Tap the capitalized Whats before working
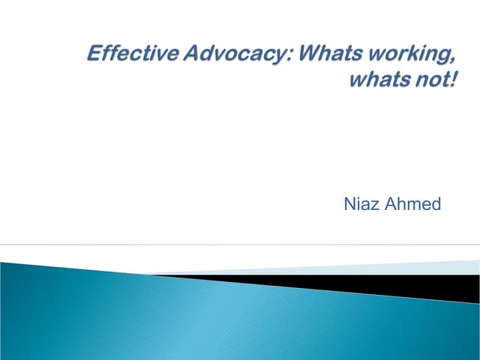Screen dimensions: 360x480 305,54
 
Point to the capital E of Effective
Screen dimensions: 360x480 94,54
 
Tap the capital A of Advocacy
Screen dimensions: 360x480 178,54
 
